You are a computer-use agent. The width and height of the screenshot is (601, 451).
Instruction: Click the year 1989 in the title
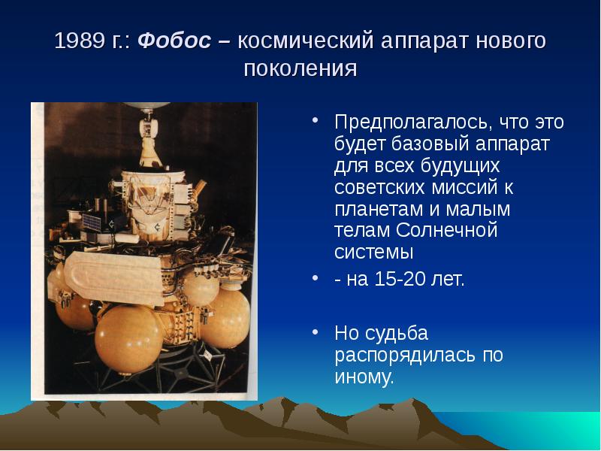point(80,41)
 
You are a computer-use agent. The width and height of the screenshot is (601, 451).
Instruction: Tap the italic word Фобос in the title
point(174,41)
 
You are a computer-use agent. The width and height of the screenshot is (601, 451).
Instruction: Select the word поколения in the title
point(300,69)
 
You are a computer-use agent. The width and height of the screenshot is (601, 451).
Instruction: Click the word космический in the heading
point(305,41)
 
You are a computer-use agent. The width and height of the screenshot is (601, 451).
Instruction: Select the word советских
point(380,187)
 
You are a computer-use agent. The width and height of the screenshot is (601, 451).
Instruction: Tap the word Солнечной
point(446,231)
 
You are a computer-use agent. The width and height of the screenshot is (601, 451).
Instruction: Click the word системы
point(373,253)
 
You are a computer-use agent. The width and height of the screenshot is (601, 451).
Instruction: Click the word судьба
point(397,333)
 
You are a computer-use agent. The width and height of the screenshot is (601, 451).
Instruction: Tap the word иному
point(364,377)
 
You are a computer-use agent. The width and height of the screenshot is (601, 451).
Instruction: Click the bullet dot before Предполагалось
point(315,120)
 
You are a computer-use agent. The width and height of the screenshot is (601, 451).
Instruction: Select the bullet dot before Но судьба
point(315,331)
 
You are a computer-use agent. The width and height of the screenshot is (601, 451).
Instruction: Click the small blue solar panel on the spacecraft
point(92,222)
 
